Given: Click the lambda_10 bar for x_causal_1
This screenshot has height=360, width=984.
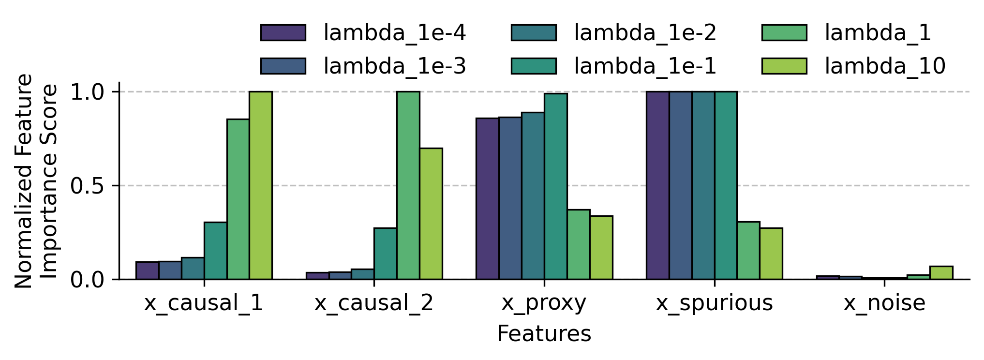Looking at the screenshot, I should click(261, 185).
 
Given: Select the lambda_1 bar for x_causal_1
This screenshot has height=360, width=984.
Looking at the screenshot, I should click(238, 199).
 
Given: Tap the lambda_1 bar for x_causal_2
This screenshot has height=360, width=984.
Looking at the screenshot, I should click(408, 185).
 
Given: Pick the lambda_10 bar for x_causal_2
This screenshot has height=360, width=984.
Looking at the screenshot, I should click(431, 213).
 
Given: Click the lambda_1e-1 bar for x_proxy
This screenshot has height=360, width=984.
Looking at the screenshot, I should click(555, 186).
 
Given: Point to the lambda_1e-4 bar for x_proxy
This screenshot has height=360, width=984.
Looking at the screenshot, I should click(487, 198).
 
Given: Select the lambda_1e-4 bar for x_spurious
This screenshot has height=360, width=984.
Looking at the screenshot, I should click(657, 185).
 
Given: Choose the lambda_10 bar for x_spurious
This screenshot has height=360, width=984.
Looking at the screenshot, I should click(771, 254).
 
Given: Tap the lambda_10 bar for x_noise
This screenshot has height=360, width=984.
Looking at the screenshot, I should click(941, 273).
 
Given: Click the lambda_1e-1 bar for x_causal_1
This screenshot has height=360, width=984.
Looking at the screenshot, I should click(215, 251).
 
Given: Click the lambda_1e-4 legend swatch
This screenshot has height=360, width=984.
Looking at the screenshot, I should click(283, 33).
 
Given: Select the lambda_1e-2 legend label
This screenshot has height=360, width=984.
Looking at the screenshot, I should click(645, 33).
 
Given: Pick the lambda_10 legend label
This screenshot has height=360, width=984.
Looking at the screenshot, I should click(885, 66).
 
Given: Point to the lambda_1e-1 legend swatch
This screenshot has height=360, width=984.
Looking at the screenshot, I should click(534, 66).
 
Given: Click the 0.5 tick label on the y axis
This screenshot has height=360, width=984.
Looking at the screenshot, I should click(87, 186).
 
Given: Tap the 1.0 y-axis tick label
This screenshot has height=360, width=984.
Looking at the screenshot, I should click(87, 92).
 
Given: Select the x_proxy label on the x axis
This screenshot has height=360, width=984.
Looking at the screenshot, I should click(544, 303).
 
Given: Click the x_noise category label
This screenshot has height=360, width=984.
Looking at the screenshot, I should click(884, 303).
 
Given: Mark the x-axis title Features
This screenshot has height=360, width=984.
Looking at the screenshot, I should click(544, 334).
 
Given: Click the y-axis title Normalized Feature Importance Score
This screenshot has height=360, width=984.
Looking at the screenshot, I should click(36, 181).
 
